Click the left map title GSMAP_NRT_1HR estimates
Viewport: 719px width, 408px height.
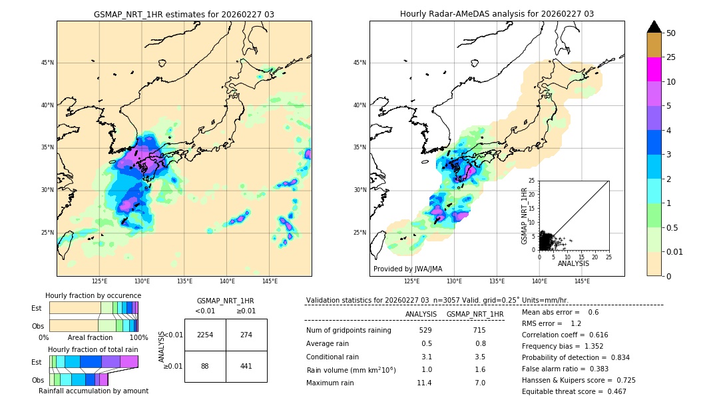click(x=184, y=14)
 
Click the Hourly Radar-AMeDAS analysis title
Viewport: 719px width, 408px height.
click(x=497, y=14)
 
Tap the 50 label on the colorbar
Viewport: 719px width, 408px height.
click(x=671, y=33)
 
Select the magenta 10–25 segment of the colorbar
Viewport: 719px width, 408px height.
click(x=654, y=69)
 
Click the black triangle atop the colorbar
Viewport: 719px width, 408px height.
click(x=654, y=27)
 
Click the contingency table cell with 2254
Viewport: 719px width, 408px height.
click(x=205, y=335)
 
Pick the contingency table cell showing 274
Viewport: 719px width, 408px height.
click(x=246, y=335)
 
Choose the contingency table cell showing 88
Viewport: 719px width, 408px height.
click(x=205, y=366)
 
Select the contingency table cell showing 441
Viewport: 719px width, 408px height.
click(x=246, y=366)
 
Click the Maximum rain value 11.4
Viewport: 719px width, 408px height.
click(x=424, y=383)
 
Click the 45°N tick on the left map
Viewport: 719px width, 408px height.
click(x=47, y=63)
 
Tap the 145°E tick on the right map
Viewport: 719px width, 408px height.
click(x=582, y=281)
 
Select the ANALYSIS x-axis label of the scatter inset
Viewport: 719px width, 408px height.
click(x=574, y=263)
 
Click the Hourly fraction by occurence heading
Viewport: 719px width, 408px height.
click(x=93, y=295)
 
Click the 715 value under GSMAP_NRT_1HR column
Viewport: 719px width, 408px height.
click(x=479, y=330)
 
